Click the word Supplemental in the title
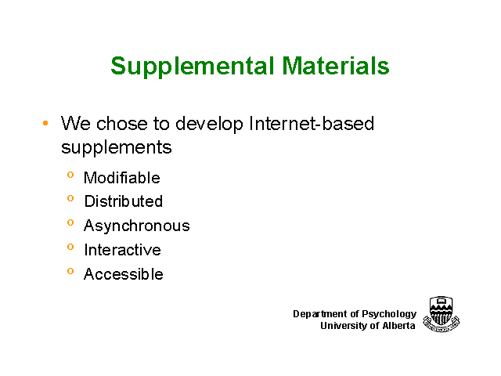[193, 66]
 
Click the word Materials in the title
[336, 66]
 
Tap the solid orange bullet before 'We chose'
[45, 123]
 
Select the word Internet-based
[312, 124]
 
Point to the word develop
[209, 124]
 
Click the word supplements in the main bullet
[117, 148]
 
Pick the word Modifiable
[122, 178]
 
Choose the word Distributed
[124, 201]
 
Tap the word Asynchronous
[137, 226]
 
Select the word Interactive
[122, 250]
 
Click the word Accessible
[124, 274]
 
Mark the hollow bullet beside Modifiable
[70, 175]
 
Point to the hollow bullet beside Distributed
[70, 198]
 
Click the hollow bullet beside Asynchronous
[70, 222]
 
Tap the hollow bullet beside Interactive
[70, 247]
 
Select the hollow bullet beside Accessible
[70, 271]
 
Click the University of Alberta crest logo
[442, 314]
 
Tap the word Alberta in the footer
[398, 326]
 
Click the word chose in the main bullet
[122, 124]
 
